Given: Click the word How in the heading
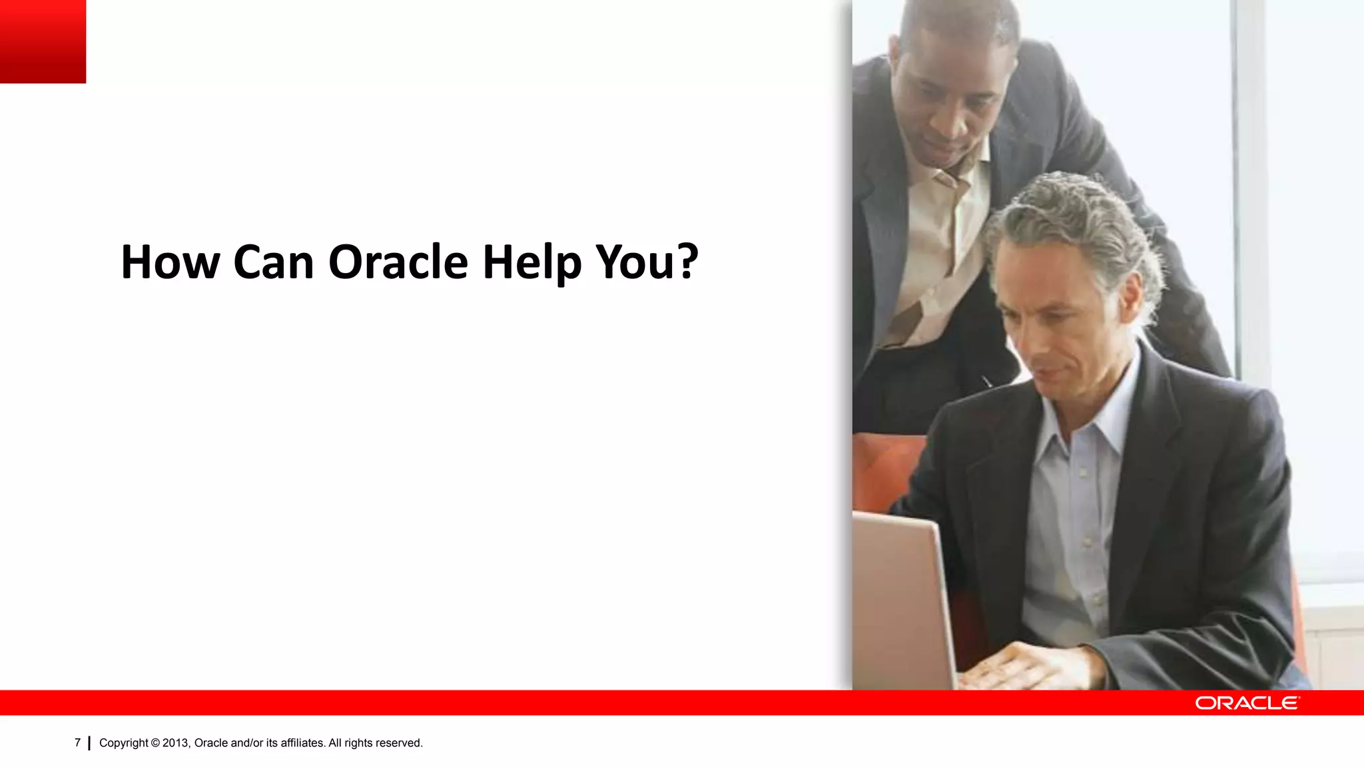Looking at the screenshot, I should click(x=170, y=262).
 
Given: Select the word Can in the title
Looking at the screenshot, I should click(x=273, y=262).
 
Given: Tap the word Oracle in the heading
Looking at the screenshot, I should click(x=398, y=262).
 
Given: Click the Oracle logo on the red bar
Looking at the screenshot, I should click(x=1247, y=703).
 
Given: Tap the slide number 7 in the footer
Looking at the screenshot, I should click(x=77, y=742).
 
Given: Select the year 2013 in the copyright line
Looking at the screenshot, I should click(x=176, y=743).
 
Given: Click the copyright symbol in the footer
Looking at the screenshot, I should click(x=155, y=743).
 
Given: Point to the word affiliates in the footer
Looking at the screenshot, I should click(x=302, y=743).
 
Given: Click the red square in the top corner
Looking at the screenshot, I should click(x=43, y=41).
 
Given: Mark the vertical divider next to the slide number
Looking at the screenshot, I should click(x=89, y=743).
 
